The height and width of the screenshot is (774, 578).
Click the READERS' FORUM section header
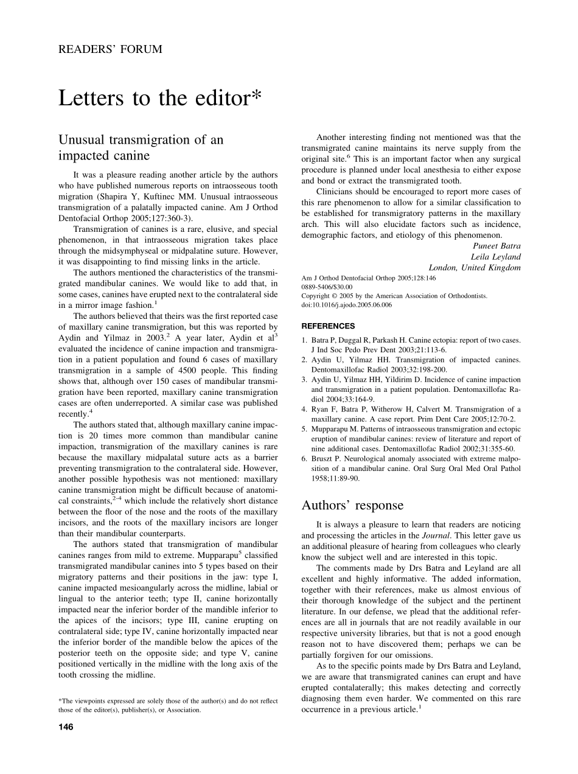[x=110, y=49]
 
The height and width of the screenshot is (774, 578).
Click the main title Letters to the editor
[x=160, y=98]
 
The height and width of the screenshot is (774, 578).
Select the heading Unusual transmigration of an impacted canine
[x=141, y=147]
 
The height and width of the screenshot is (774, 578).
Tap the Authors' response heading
[x=352, y=505]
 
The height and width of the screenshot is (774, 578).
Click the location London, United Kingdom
[x=475, y=267]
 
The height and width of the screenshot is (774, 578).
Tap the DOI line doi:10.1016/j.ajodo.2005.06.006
[x=347, y=305]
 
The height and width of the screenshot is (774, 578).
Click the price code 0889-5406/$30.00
[x=327, y=287]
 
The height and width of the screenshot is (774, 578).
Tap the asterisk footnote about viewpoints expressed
[x=168, y=705]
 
